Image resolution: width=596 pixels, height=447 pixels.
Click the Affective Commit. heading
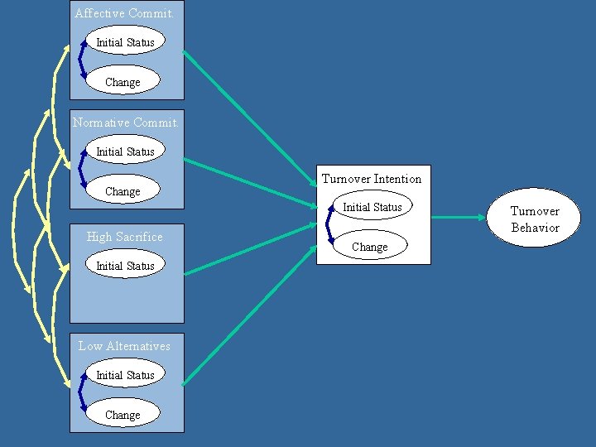[123, 13]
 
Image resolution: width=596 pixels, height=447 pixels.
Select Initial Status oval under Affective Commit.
[125, 42]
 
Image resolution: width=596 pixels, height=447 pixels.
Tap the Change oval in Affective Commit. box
[123, 82]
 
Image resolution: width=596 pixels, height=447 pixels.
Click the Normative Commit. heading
[125, 123]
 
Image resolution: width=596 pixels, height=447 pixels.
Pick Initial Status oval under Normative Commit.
[125, 151]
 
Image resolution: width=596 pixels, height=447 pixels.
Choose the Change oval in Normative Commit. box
[123, 191]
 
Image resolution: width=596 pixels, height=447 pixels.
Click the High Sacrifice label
[125, 237]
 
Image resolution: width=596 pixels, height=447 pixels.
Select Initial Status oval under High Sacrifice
[125, 266]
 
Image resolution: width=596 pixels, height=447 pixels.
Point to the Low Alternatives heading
[124, 346]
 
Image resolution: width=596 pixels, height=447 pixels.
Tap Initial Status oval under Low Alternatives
[125, 375]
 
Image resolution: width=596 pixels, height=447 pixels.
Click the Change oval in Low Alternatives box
[123, 415]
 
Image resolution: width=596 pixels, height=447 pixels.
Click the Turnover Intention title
[372, 179]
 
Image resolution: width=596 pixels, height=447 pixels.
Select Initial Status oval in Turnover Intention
[372, 207]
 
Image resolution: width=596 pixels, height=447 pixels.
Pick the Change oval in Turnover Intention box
[369, 247]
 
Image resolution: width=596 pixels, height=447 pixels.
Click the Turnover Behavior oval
[535, 219]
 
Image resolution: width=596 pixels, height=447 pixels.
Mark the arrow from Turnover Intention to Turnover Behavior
[459, 218]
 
